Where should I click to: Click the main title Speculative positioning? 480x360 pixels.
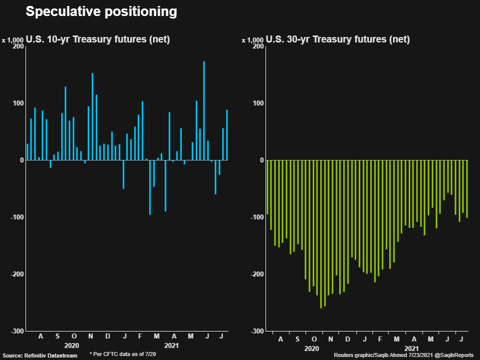coord(101,12)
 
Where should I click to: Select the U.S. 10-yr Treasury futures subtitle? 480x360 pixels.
coord(98,39)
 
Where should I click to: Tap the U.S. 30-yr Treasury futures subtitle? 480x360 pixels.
coord(338,39)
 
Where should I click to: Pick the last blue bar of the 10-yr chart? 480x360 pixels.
coord(227,135)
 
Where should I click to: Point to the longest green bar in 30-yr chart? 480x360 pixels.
coord(321,234)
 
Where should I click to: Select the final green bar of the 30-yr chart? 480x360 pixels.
coord(467,189)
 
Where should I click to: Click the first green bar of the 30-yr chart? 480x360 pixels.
coord(267,187)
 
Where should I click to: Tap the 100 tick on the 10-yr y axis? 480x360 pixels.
coord(18,103)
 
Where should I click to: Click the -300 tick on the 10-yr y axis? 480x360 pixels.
coord(17,331)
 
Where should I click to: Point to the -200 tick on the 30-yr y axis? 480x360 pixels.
coord(257,274)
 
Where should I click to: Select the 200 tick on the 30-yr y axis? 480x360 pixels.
coord(258,46)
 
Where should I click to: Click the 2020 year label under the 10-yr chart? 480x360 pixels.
coord(71,345)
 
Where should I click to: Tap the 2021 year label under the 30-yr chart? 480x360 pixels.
coord(411,348)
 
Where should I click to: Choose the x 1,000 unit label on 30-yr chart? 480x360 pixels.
coord(252,40)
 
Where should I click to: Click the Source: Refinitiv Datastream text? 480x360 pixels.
coord(40,355)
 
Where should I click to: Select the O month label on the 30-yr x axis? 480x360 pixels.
coord(314,339)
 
